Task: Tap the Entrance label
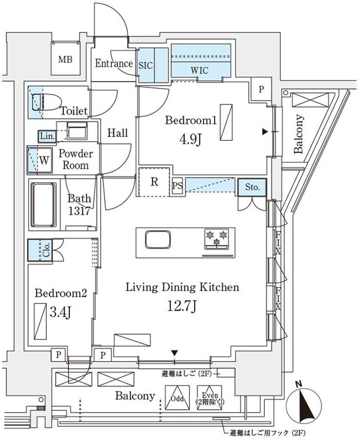113,64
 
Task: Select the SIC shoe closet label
146,65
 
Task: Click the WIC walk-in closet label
200,71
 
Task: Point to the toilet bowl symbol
37,102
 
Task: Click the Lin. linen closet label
45,135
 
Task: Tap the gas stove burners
216,239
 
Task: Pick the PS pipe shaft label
177,186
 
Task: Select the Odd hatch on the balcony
177,399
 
